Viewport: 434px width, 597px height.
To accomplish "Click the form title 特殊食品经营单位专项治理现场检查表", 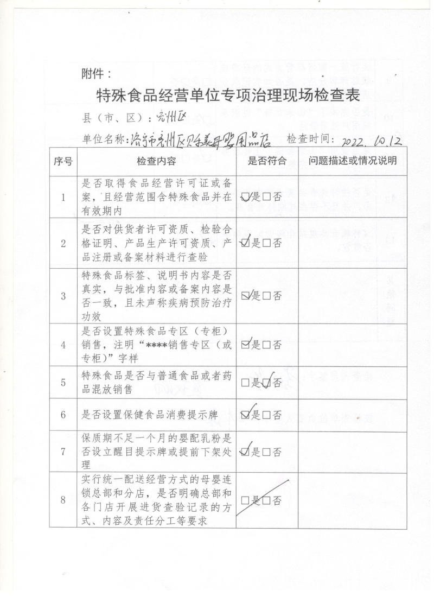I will [228, 97].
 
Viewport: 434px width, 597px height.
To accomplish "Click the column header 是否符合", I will [267, 161].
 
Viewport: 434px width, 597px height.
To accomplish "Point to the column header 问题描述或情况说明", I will [353, 161].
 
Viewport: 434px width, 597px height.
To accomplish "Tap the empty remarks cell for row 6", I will [353, 416].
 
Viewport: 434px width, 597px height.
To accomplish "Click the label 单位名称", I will [103, 139].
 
